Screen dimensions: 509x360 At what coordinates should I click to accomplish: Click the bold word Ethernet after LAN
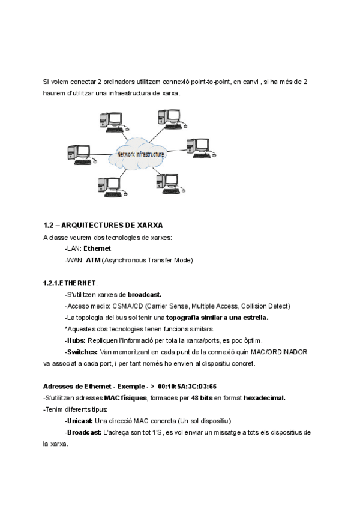coord(97,248)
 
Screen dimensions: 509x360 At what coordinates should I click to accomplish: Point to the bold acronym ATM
coord(93,260)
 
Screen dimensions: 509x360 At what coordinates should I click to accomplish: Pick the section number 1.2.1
coord(51,283)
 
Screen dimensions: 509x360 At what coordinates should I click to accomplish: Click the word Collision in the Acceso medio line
coord(250,306)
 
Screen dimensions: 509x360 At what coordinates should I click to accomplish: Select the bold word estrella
coord(254,317)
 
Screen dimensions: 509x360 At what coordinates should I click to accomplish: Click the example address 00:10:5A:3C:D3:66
coord(188,386)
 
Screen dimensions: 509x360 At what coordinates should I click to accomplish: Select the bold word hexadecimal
coord(259,397)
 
